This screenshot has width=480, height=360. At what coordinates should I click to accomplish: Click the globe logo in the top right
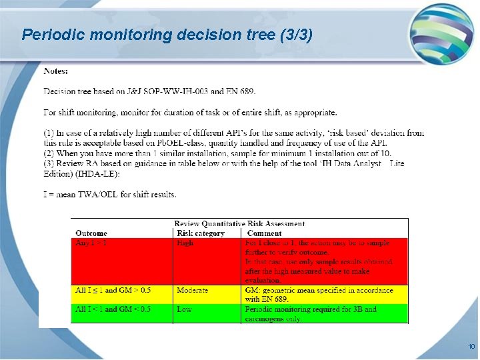click(x=441, y=33)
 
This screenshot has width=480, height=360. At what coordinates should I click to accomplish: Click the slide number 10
click(x=471, y=347)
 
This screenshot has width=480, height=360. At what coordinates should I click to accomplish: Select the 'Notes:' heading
click(x=55, y=71)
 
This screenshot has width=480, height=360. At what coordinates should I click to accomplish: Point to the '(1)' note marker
click(x=49, y=133)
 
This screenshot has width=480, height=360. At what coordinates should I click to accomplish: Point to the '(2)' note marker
click(x=49, y=153)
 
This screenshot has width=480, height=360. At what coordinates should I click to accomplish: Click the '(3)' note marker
click(x=49, y=163)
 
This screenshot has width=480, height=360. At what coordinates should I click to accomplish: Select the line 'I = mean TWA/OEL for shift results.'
click(x=110, y=195)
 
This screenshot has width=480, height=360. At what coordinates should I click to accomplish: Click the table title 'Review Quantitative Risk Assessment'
click(x=239, y=224)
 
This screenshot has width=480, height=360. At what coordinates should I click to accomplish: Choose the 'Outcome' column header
click(x=91, y=233)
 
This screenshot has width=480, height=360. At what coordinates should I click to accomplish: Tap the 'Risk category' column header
click(x=201, y=233)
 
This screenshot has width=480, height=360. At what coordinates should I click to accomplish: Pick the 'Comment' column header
click(x=265, y=233)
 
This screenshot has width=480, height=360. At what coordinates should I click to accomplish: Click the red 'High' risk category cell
click(x=185, y=243)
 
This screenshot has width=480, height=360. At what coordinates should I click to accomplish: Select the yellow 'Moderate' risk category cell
click(x=192, y=291)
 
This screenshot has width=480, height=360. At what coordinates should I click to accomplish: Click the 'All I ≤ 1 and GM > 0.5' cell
click(x=113, y=291)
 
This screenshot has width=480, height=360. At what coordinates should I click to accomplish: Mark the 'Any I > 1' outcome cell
click(x=91, y=243)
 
